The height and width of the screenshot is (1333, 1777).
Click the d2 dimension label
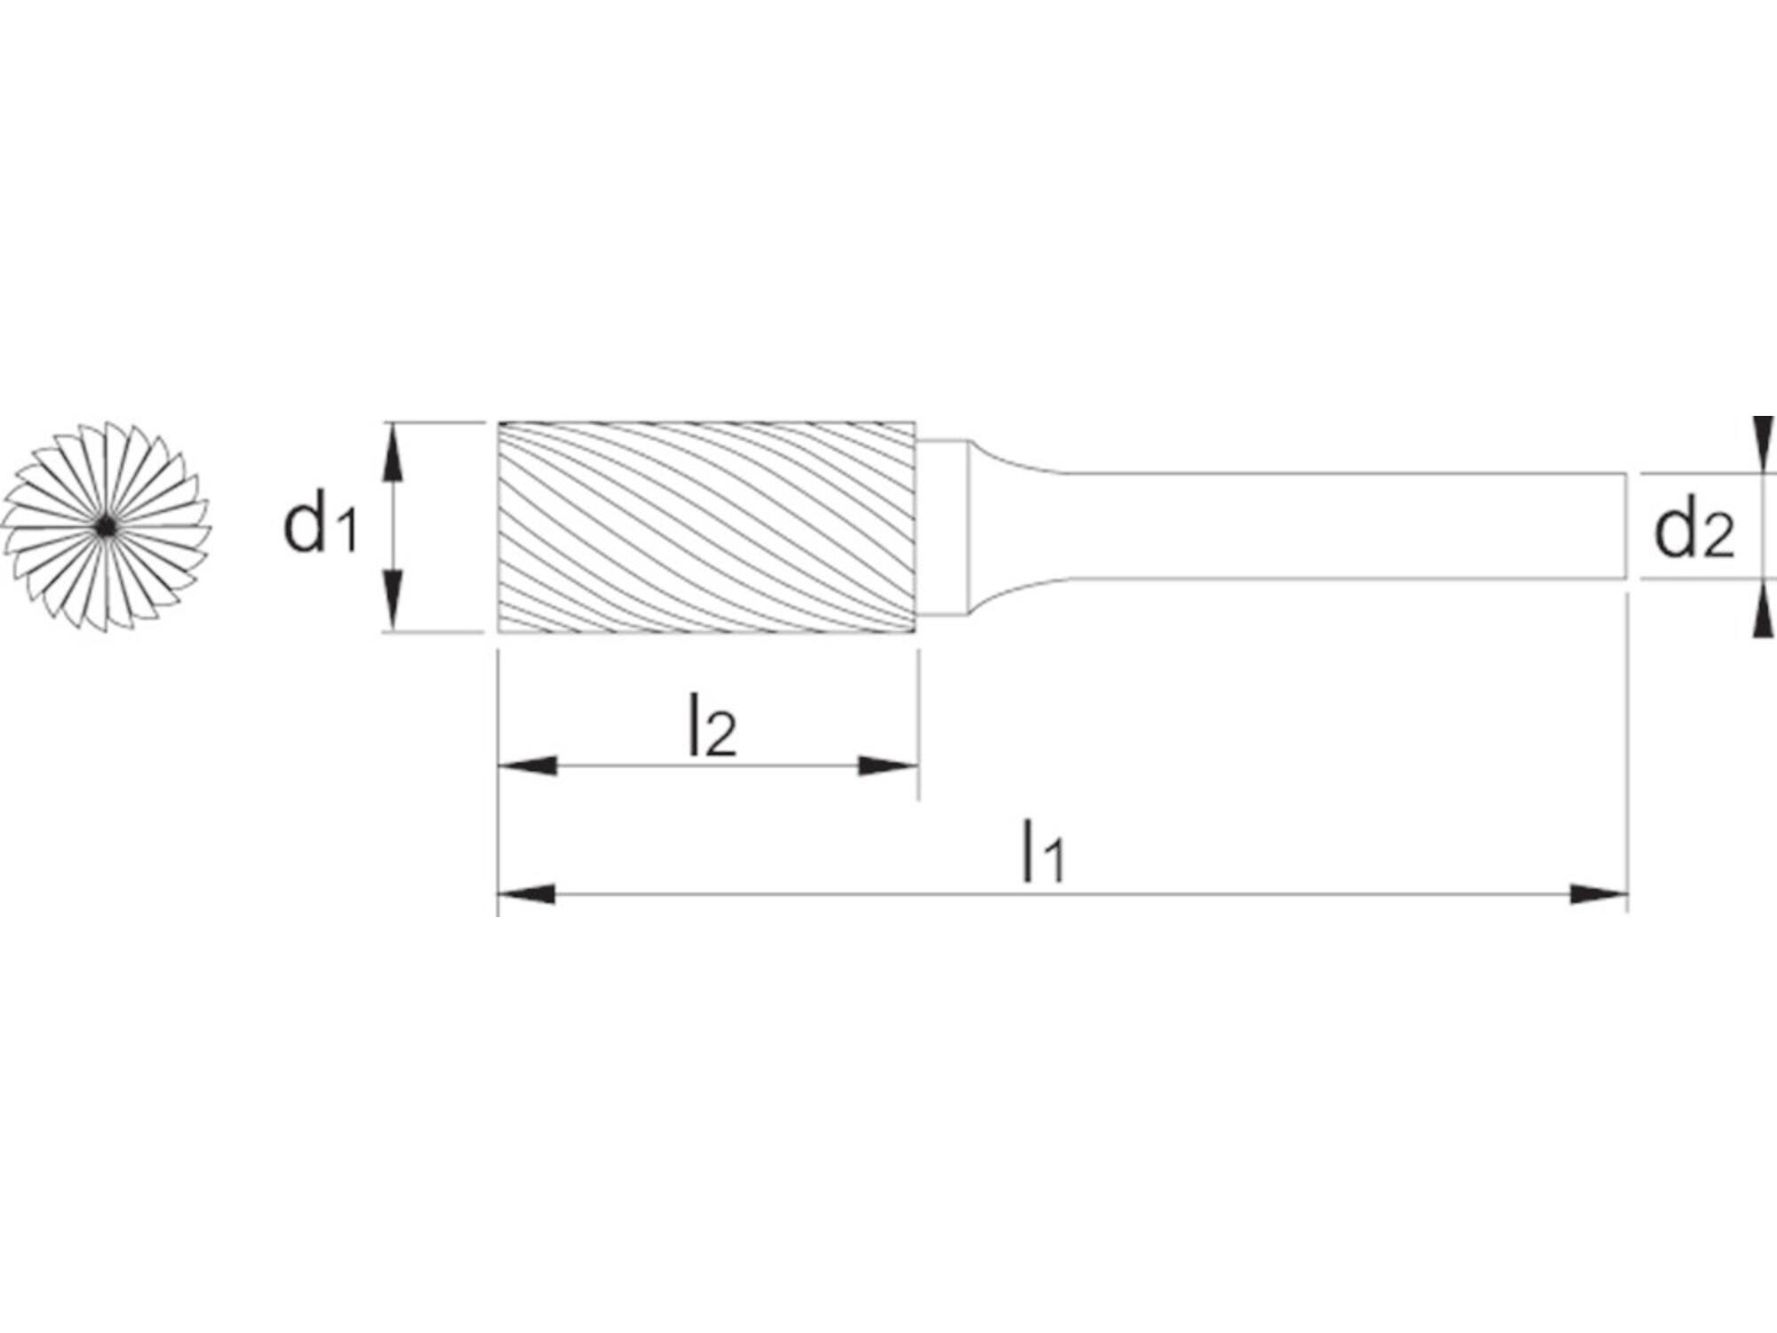coord(1693,531)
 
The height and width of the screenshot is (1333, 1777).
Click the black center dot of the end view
coord(106,527)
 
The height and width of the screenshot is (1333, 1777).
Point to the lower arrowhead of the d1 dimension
coord(393,602)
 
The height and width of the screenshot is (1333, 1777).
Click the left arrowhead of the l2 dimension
coord(528,765)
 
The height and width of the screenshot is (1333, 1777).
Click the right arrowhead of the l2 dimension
coord(887,765)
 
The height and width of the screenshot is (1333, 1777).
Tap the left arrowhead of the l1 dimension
coord(527,894)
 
